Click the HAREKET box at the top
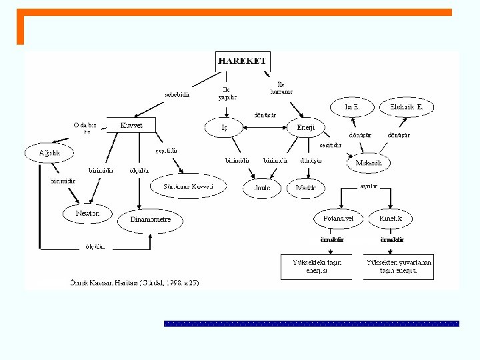coord(243,60)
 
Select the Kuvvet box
coord(131,125)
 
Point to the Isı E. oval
coord(351,107)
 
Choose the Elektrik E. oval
coord(407,107)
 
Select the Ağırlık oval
coord(50,153)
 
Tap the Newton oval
coord(84,213)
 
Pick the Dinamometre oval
coord(150,219)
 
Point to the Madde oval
coord(306,189)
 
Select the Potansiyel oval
coord(339,219)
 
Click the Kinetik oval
coord(391,219)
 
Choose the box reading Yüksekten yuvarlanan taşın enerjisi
coord(399,267)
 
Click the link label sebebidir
coord(177,94)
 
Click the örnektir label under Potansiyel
coord(332,239)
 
